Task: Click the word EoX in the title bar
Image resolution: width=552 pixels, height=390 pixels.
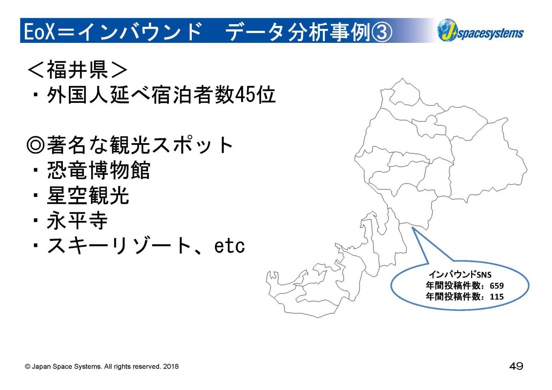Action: (x=40, y=31)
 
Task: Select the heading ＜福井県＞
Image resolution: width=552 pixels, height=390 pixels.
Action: (x=77, y=70)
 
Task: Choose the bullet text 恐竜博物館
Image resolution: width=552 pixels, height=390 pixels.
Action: (x=99, y=170)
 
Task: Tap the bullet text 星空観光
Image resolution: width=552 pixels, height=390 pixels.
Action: (x=88, y=195)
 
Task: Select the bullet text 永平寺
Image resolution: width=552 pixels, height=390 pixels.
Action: (x=77, y=220)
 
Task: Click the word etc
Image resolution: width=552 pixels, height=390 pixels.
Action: (x=229, y=246)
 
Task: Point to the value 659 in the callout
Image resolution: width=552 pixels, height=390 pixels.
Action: (x=497, y=285)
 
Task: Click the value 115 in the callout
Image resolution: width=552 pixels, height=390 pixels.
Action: (x=497, y=297)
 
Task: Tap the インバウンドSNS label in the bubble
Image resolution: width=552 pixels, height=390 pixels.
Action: (x=460, y=274)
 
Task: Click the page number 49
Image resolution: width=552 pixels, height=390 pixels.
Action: (x=516, y=366)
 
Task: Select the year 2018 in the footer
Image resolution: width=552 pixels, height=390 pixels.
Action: (x=171, y=366)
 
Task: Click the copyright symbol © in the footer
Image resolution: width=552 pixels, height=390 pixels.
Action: (x=27, y=367)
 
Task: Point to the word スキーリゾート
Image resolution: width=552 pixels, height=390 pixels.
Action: (x=119, y=246)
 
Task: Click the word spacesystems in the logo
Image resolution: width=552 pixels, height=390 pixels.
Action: (x=490, y=33)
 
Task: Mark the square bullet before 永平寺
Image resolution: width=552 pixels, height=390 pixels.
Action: (x=36, y=220)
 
